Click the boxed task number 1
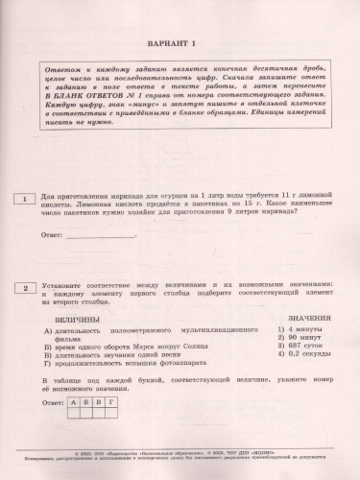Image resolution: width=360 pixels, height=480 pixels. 21,199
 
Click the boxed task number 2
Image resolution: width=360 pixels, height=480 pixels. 21,287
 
